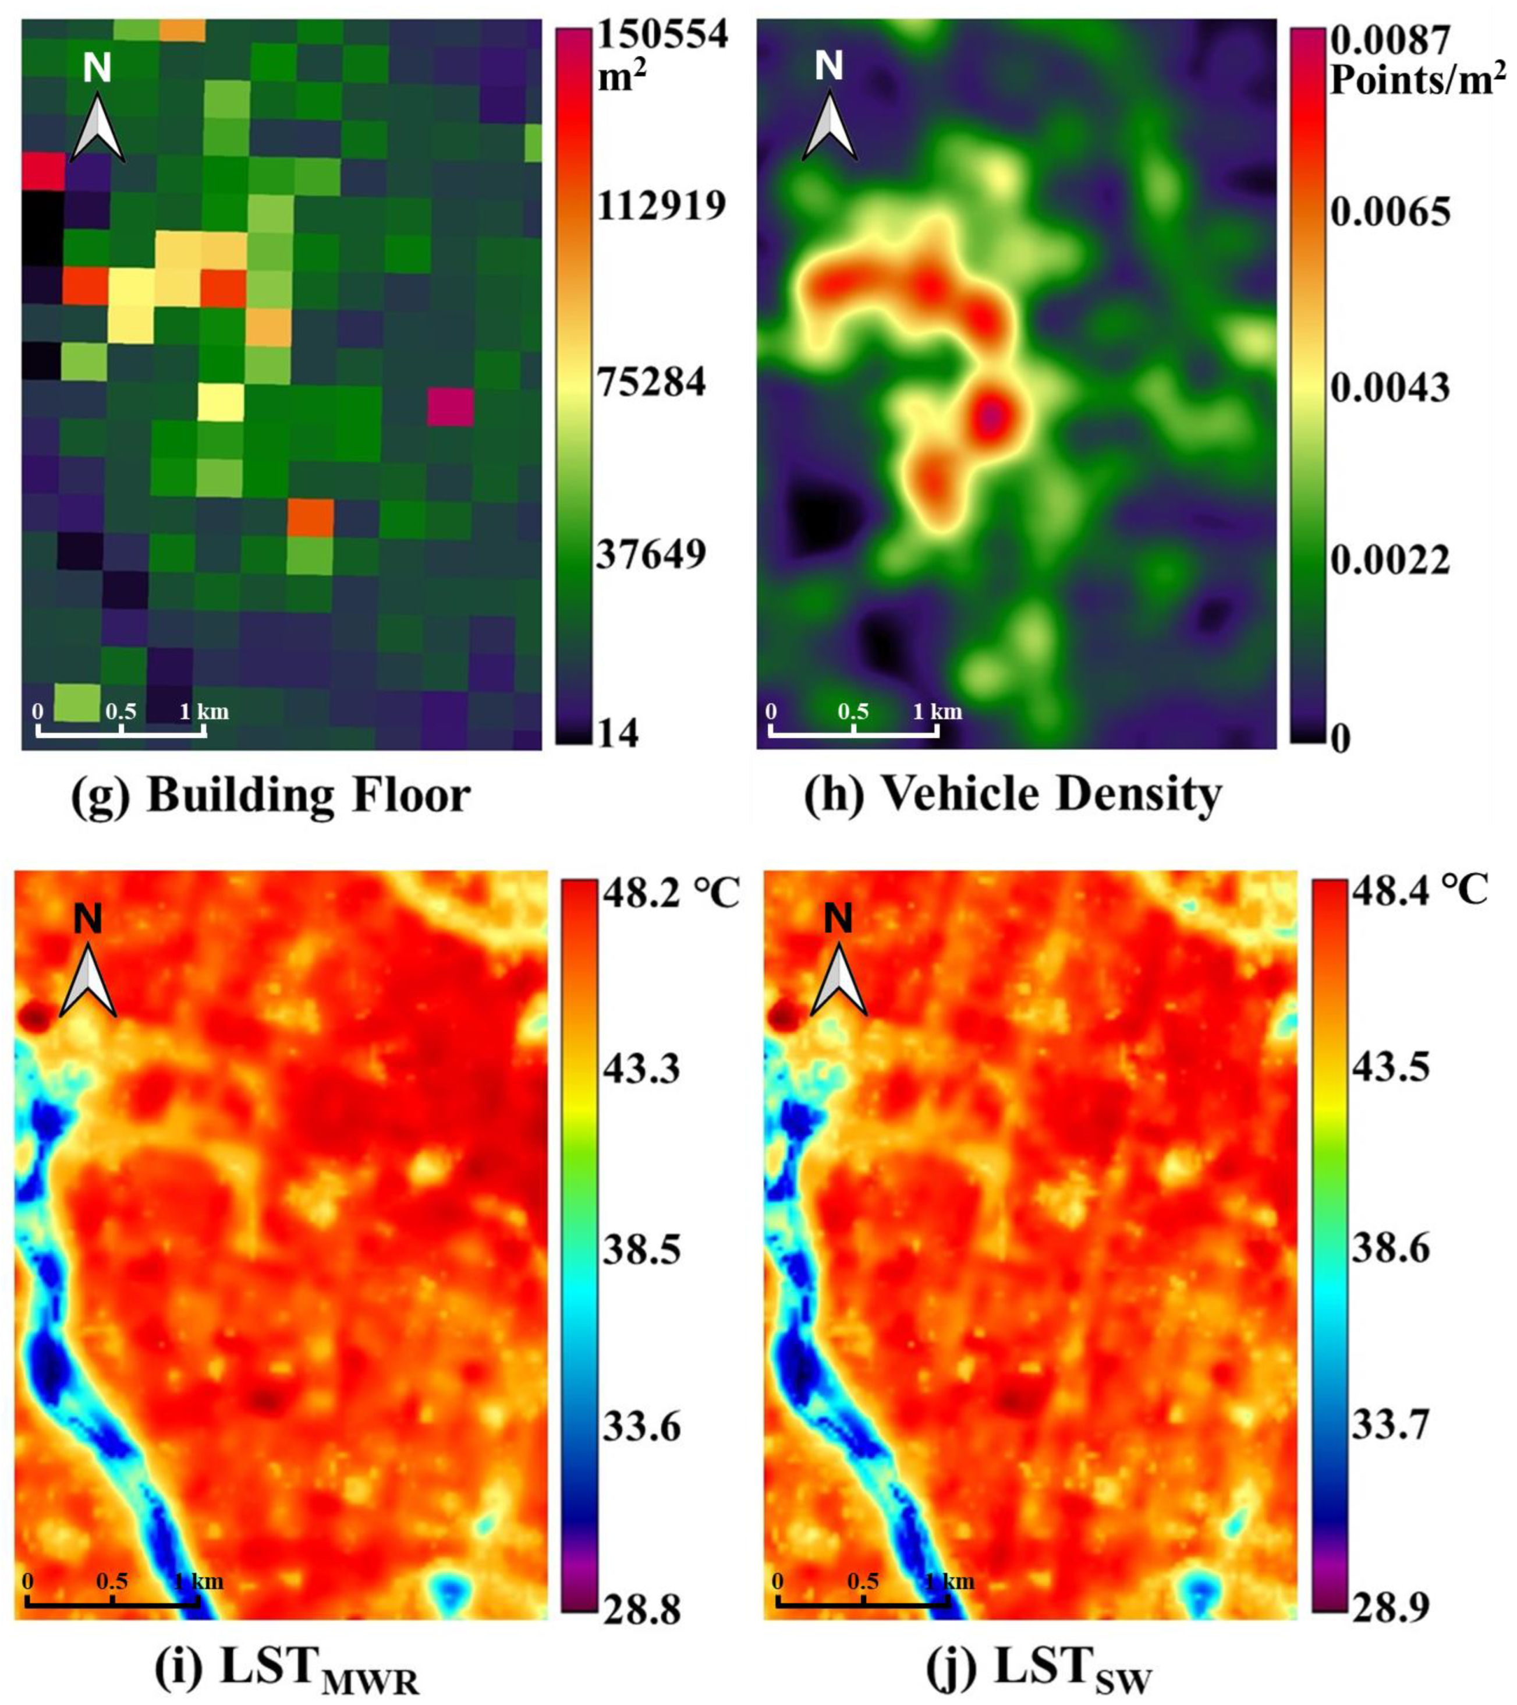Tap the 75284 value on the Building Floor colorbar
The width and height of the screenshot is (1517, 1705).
pyautogui.click(x=650, y=384)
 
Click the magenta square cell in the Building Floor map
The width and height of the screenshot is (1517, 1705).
pyautogui.click(x=451, y=407)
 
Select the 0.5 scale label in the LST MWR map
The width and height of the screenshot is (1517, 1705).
pyautogui.click(x=112, y=1582)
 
